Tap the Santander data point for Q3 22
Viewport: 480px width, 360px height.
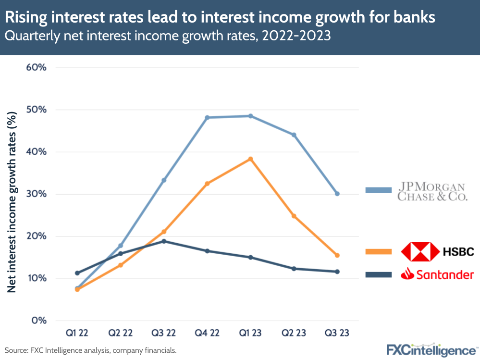point(164,241)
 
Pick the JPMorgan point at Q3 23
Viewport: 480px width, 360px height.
point(337,194)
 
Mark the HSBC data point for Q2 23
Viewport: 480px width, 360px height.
point(294,216)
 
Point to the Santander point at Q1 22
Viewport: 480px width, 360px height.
point(77,273)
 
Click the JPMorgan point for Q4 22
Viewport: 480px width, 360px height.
point(207,117)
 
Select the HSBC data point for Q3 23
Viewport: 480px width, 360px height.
point(337,255)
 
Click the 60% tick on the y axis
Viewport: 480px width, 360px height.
point(36,67)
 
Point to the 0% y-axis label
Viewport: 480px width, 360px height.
point(38,321)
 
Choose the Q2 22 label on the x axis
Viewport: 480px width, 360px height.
point(120,333)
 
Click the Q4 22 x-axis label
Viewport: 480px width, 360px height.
point(207,333)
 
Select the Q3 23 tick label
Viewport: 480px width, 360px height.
point(337,333)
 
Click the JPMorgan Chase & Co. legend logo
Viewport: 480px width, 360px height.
point(434,191)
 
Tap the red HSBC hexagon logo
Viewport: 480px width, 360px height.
point(420,251)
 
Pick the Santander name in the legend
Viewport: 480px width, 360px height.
point(445,274)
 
